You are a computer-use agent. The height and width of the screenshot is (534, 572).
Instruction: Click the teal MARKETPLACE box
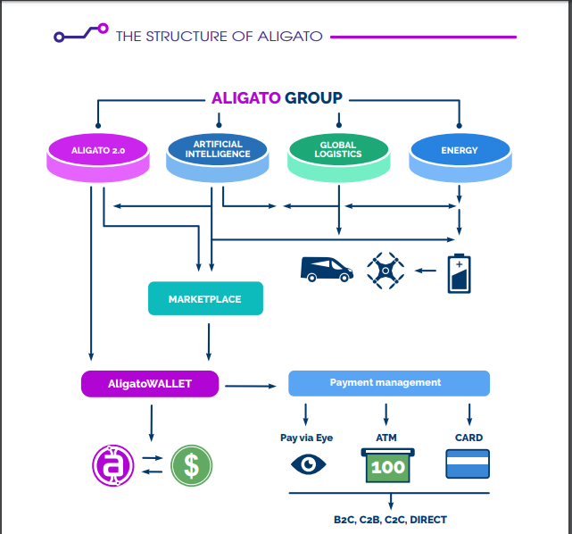(205, 299)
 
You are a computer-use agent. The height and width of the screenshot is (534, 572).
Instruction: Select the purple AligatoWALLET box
(150, 384)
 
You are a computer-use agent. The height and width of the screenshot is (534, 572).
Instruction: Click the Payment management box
(388, 383)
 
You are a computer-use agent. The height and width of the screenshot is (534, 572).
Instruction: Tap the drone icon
(385, 270)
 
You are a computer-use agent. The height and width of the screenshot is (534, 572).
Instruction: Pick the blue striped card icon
(468, 464)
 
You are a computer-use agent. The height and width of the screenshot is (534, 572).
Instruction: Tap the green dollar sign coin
(191, 466)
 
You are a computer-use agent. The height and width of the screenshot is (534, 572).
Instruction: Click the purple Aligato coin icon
(112, 465)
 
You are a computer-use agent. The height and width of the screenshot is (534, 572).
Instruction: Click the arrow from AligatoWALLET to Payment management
(249, 386)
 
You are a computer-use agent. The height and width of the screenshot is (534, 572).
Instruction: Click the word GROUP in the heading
(313, 99)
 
